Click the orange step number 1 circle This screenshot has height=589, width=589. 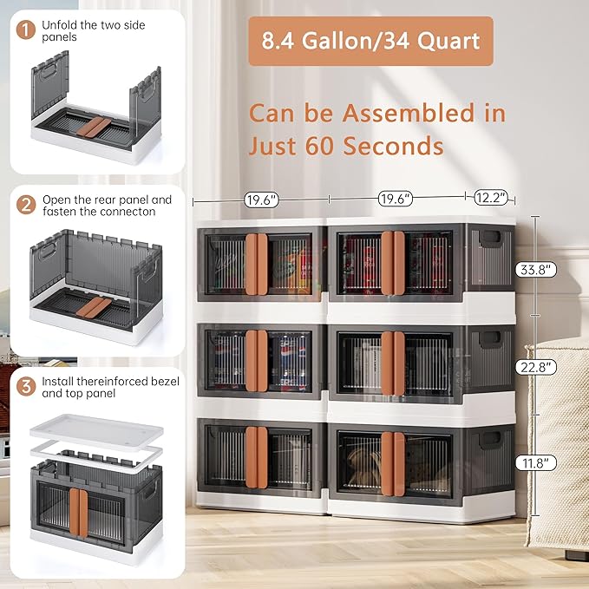[x=26, y=30]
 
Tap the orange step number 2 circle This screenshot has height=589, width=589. [x=26, y=205]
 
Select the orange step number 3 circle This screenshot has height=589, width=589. [x=26, y=387]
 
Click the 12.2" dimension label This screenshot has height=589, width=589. [x=491, y=198]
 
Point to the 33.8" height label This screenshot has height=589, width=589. [x=535, y=270]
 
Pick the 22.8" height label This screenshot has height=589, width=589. [x=535, y=367]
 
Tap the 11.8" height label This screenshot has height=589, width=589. [x=535, y=463]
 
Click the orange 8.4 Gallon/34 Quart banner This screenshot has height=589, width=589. [x=370, y=41]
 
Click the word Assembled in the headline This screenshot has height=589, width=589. [x=409, y=114]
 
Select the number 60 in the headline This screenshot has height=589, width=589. [x=319, y=146]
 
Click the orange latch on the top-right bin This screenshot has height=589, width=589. [x=393, y=263]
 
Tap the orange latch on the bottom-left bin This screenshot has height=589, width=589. [x=257, y=457]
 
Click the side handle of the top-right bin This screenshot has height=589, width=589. [x=490, y=239]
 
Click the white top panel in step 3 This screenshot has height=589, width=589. [x=97, y=432]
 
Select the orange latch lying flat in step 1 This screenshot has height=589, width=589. [x=94, y=127]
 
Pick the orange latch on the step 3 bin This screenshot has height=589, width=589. [x=79, y=513]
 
